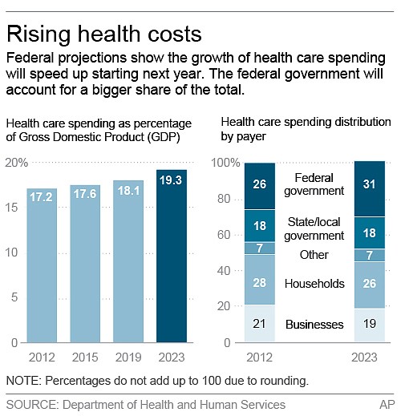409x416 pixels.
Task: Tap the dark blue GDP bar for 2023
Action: (171, 256)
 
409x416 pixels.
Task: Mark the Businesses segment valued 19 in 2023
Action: (371, 325)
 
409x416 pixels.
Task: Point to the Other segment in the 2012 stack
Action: (259, 248)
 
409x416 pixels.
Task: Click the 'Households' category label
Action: (314, 284)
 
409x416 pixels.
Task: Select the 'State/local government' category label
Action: (314, 228)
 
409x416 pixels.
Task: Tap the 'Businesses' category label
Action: (314, 325)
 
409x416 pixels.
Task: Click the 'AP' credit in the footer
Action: (388, 404)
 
